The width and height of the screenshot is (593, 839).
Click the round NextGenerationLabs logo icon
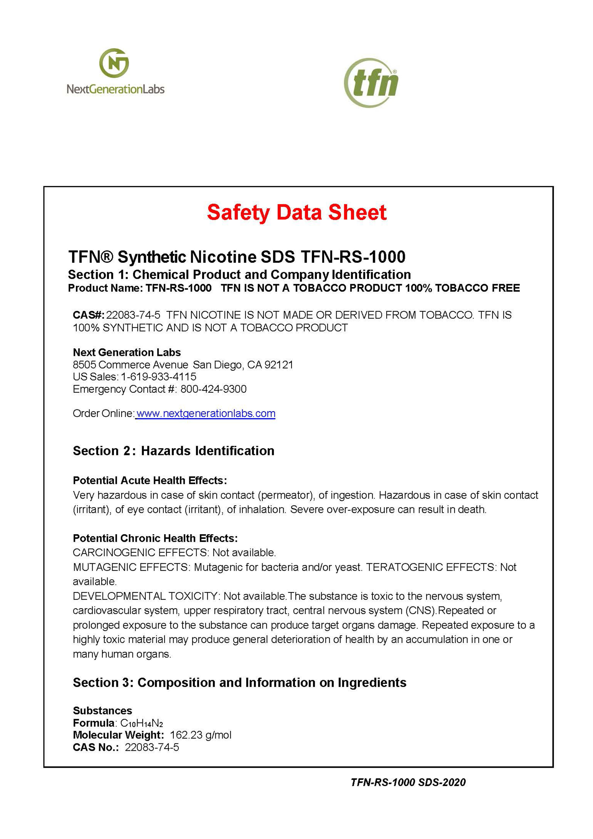[114, 63]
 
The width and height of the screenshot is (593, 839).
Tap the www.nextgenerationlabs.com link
[205, 414]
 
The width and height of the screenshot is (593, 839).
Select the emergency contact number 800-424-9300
[213, 389]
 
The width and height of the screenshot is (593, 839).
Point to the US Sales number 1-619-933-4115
[159, 377]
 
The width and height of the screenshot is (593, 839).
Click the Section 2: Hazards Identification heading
[174, 451]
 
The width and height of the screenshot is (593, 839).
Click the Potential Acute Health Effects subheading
[150, 480]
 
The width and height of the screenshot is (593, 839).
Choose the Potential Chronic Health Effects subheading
[155, 538]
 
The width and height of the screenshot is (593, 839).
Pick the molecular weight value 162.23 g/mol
[201, 735]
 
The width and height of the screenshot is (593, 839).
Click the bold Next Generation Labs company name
[127, 352]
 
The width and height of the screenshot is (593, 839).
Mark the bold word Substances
[102, 711]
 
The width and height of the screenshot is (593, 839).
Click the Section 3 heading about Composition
[239, 683]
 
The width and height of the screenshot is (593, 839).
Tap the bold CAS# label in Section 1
[88, 315]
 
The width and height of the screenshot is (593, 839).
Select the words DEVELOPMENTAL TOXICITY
[145, 596]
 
